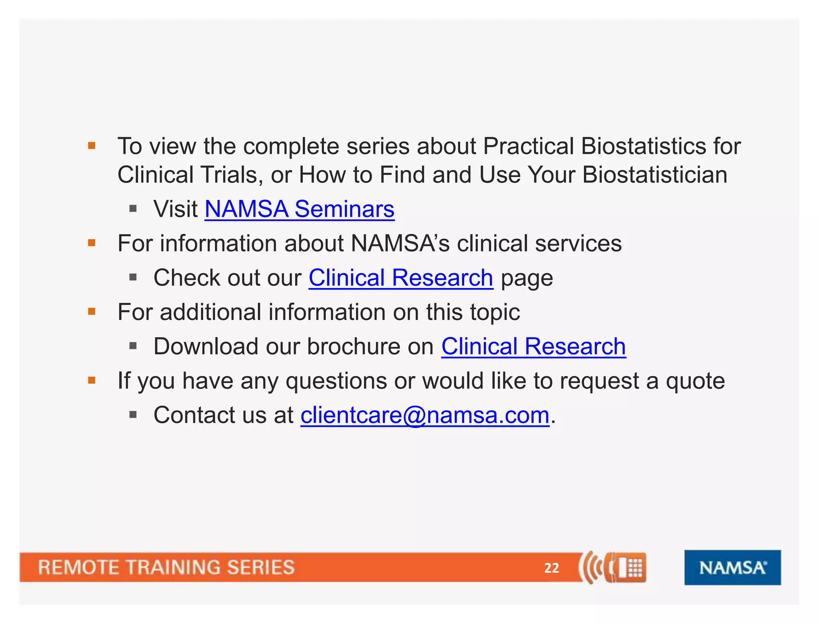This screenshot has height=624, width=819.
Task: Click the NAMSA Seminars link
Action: pos(299,209)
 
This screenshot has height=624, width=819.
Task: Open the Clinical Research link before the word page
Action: pos(401,278)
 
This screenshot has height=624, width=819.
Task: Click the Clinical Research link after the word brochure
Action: pos(533,346)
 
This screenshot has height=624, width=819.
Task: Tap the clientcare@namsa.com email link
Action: pos(425,415)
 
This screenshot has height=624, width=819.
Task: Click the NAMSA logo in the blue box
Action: pos(732,568)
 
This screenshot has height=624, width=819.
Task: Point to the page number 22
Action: pos(551,568)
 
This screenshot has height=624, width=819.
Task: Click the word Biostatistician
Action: pos(655,175)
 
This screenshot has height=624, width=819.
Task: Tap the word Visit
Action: pos(176,209)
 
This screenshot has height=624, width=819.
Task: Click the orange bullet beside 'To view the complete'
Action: pos(92,146)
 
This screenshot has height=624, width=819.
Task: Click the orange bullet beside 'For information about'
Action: pos(92,243)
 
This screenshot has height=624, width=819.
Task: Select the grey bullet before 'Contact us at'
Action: pos(133,415)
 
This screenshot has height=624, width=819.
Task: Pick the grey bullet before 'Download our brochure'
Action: pos(133,346)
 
